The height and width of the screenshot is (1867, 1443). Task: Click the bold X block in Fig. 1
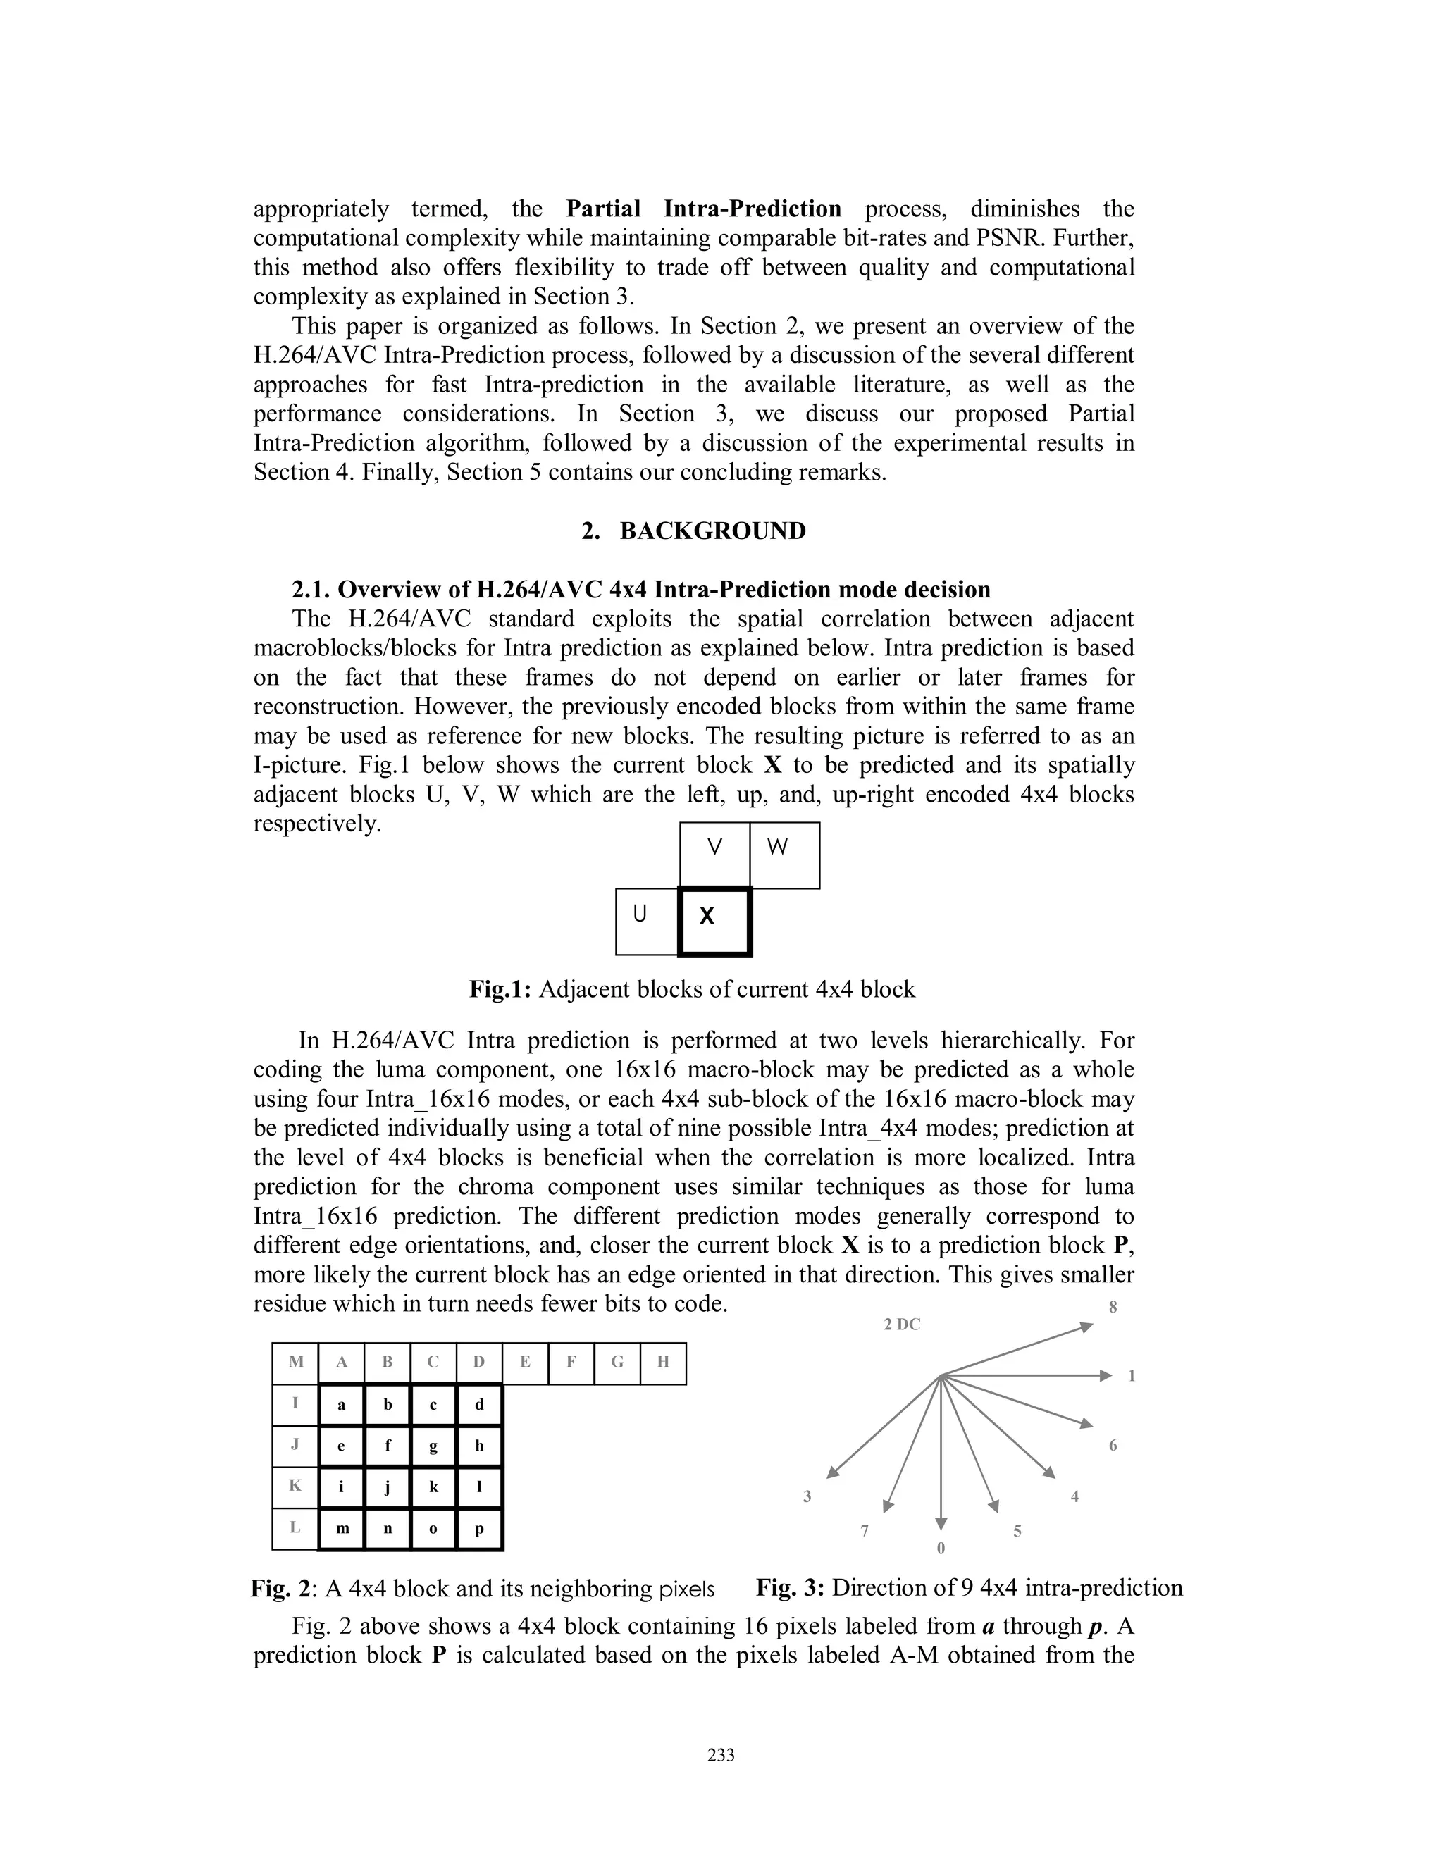click(714, 922)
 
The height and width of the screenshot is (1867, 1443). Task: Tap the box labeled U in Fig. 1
click(647, 922)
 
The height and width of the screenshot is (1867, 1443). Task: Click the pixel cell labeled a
click(341, 1405)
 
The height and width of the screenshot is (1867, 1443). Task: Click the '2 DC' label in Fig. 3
click(902, 1325)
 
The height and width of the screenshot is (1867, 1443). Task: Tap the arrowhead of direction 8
click(1086, 1327)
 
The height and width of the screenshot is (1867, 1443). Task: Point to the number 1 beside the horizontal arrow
click(1132, 1375)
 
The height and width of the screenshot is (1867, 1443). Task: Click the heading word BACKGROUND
click(712, 531)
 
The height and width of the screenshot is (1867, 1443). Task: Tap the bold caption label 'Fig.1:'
click(501, 990)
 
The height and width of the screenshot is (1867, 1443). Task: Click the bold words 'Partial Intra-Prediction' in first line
click(704, 209)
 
